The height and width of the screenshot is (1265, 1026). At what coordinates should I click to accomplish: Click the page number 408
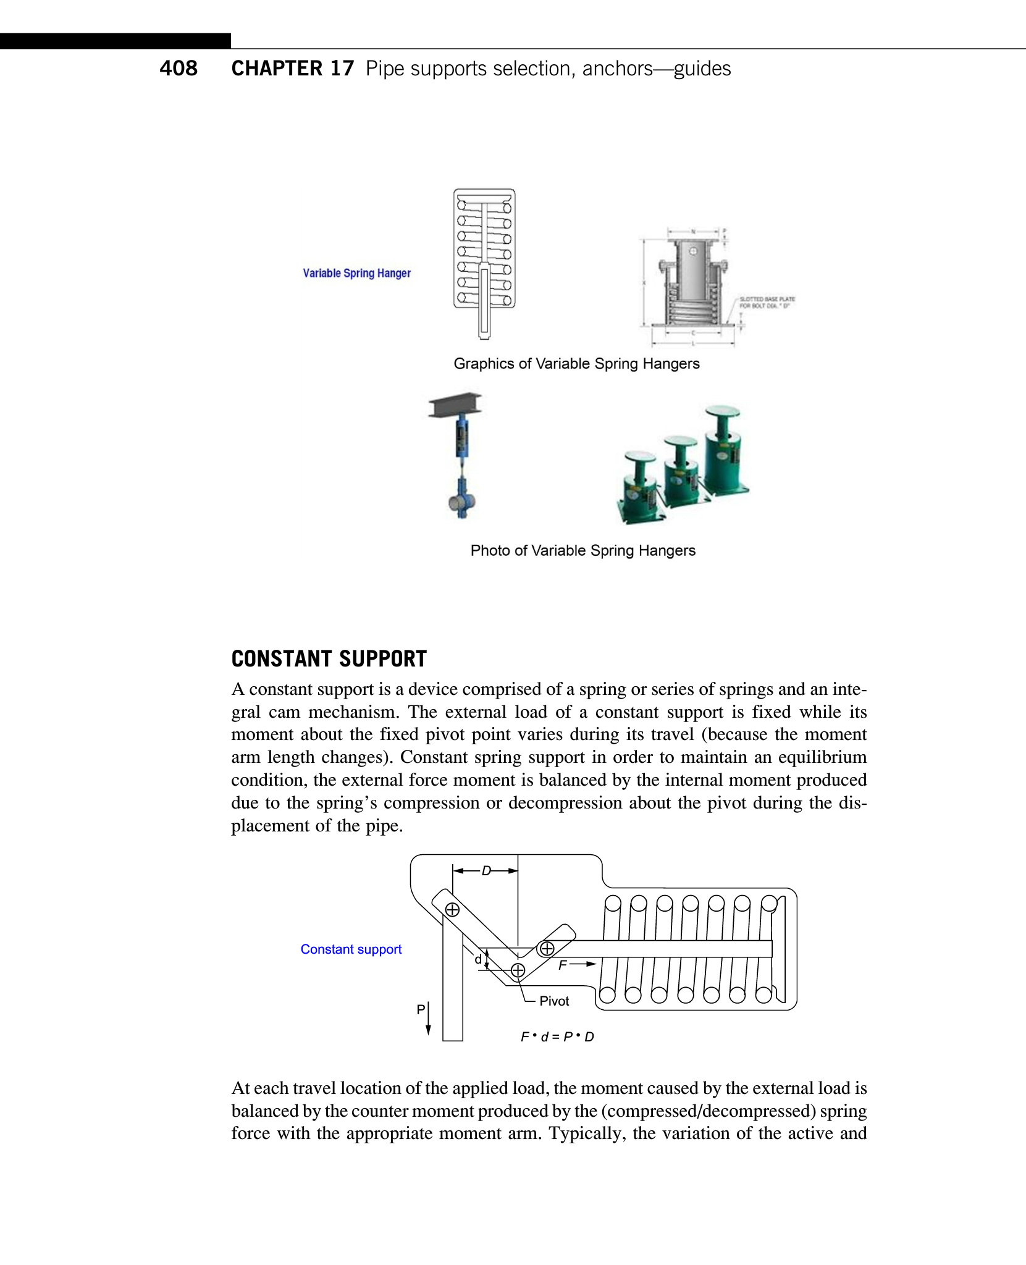pyautogui.click(x=179, y=68)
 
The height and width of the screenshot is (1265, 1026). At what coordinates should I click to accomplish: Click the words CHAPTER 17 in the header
pyautogui.click(x=293, y=68)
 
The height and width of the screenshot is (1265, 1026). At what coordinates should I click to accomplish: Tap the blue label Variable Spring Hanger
pyautogui.click(x=356, y=273)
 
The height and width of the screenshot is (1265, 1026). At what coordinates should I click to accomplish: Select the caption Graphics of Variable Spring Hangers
pyautogui.click(x=576, y=364)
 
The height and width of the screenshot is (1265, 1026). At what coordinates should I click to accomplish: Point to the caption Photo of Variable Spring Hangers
pyautogui.click(x=582, y=550)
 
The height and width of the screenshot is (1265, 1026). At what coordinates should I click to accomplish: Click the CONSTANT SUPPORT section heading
pyautogui.click(x=329, y=659)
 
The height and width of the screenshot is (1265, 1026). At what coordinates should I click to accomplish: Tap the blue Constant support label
pyautogui.click(x=351, y=949)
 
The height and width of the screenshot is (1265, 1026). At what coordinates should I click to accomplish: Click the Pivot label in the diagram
pyautogui.click(x=554, y=1001)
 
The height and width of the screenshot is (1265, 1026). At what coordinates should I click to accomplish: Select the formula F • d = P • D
pyautogui.click(x=557, y=1037)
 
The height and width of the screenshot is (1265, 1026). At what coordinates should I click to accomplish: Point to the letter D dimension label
pyautogui.click(x=486, y=871)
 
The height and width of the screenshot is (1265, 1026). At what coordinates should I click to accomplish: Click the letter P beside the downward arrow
pyautogui.click(x=421, y=1009)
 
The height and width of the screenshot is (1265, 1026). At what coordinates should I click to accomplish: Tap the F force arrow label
pyautogui.click(x=563, y=965)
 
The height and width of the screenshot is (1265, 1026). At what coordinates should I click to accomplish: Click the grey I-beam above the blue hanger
pyautogui.click(x=455, y=405)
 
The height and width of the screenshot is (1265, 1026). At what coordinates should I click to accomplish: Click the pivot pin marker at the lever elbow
pyautogui.click(x=518, y=970)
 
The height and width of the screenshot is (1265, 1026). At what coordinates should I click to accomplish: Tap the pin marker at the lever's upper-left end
pyautogui.click(x=453, y=910)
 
